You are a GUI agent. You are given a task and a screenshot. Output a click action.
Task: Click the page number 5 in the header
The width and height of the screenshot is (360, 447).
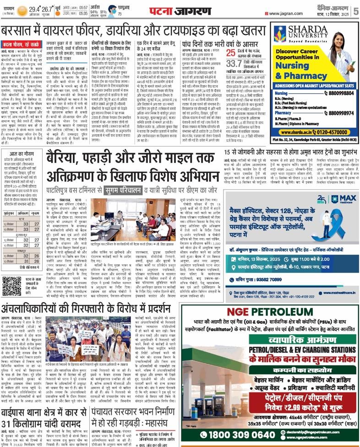[355, 10]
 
